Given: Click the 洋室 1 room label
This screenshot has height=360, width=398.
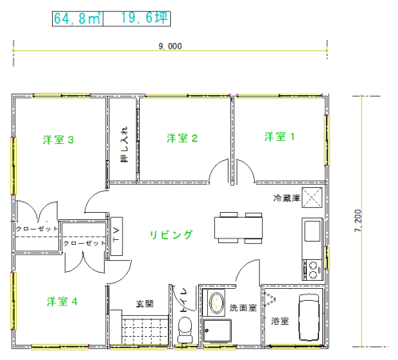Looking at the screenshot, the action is click(x=280, y=137).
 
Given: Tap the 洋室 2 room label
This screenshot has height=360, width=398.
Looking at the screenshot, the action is click(x=182, y=138).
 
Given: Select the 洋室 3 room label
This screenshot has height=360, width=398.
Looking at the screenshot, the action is click(x=58, y=140).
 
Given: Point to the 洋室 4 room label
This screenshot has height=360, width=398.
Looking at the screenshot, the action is click(x=62, y=302).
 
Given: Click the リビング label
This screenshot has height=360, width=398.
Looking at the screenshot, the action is click(x=171, y=234).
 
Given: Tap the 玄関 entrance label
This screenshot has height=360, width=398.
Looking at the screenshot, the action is click(x=145, y=304).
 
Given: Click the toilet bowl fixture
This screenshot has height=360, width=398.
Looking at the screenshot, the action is click(x=185, y=330).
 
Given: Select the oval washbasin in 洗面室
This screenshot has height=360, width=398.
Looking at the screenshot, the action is click(x=216, y=302).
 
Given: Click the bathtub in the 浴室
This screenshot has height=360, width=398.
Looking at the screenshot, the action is click(x=308, y=318).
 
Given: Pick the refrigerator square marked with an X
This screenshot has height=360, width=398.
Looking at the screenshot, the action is click(x=312, y=198).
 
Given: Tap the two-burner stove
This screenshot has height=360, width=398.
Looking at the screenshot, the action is click(x=312, y=270).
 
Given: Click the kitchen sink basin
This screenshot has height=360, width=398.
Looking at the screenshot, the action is click(x=312, y=231).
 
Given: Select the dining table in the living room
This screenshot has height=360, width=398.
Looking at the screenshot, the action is click(x=238, y=228).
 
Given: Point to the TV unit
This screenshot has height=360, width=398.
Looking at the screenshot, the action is click(x=117, y=236).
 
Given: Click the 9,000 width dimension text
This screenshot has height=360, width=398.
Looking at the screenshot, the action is click(x=170, y=46).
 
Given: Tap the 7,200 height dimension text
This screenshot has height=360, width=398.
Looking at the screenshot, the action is click(x=358, y=221).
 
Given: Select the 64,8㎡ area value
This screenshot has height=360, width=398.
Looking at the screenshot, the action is click(x=78, y=18).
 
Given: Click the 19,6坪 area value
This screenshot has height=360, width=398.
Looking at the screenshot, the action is click(x=144, y=18).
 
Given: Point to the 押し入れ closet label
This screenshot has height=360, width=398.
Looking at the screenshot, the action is click(x=124, y=145).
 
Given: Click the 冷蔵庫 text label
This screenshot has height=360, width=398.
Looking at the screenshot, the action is click(x=287, y=198).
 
